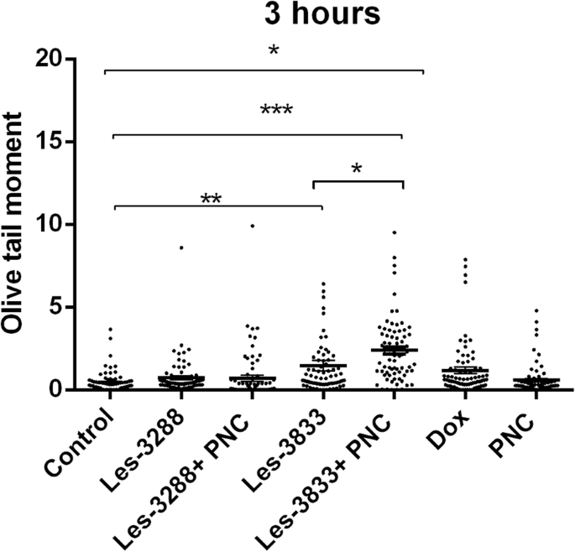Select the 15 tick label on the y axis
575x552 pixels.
click(x=58, y=142)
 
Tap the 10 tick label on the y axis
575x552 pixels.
click(x=58, y=224)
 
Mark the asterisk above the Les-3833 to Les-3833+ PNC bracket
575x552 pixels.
click(x=357, y=169)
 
